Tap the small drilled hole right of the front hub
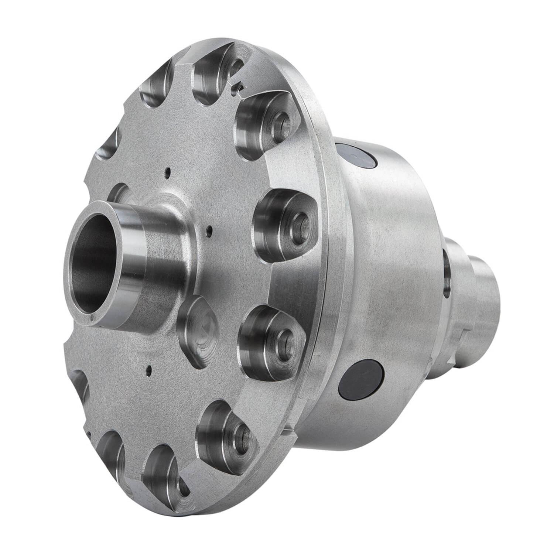point(209,231)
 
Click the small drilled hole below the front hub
point(148,368)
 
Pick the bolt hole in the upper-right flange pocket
point(283,122)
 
